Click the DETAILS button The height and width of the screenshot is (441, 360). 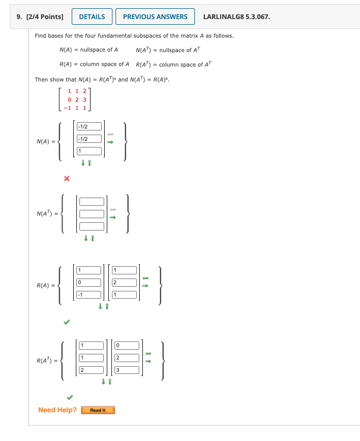[92, 17]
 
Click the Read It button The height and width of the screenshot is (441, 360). [98, 410]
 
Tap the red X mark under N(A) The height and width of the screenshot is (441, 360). [66, 178]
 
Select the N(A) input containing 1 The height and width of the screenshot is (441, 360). [90, 151]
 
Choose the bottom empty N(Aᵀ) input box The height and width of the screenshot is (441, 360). [92, 225]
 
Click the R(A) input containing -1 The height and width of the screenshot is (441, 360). [89, 295]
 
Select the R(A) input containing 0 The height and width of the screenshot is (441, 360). [89, 282]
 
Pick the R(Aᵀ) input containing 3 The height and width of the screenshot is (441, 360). [127, 369]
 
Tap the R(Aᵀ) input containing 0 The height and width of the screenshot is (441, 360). [127, 345]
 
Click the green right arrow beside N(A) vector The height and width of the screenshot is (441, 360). [110, 143]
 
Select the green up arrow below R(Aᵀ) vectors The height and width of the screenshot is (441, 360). [109, 382]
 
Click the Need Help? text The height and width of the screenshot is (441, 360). [57, 410]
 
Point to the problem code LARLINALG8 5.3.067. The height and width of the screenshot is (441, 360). [236, 17]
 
